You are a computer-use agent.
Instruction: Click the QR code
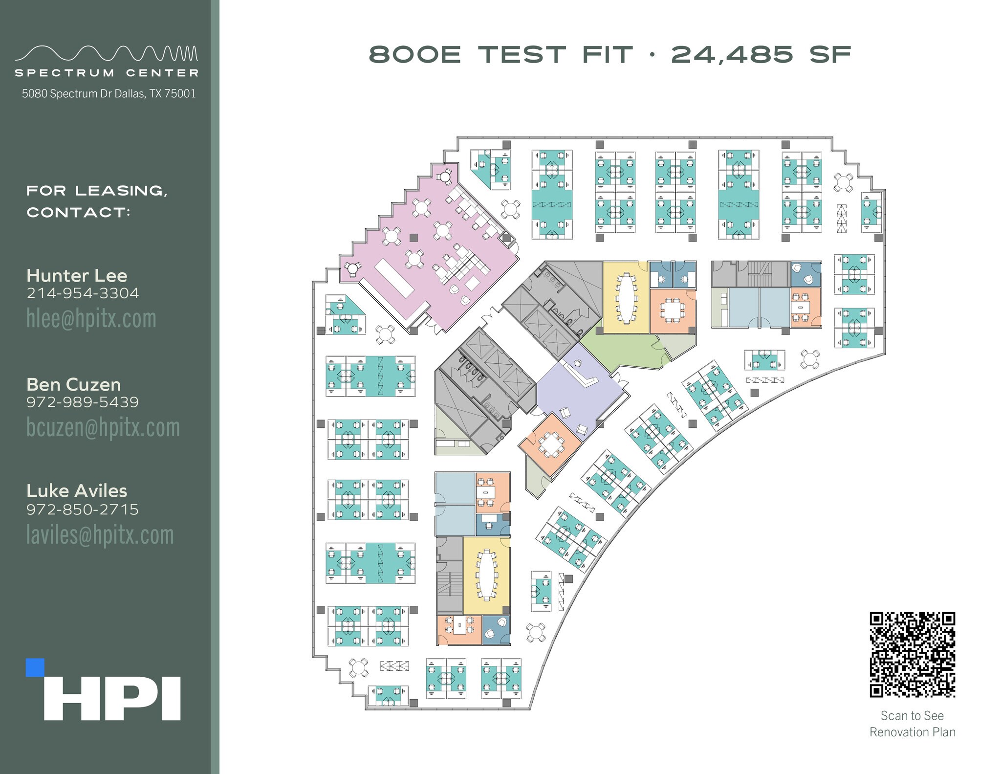pos(912,654)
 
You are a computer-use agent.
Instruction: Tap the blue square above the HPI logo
pos(35,668)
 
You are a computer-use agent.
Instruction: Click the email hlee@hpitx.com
pos(91,319)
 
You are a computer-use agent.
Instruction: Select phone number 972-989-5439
pos(83,402)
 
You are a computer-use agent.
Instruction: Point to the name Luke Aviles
pos(77,491)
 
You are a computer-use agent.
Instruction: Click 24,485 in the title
pos(732,54)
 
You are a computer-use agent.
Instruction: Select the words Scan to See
pos(912,716)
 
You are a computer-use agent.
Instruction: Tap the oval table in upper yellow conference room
pos(626,298)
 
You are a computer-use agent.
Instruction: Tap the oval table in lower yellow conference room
pos(486,575)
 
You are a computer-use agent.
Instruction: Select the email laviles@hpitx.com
pos(100,535)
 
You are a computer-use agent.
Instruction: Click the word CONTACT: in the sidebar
pos(78,212)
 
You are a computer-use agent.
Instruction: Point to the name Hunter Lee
pos(77,276)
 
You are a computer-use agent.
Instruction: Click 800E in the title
pos(414,54)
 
